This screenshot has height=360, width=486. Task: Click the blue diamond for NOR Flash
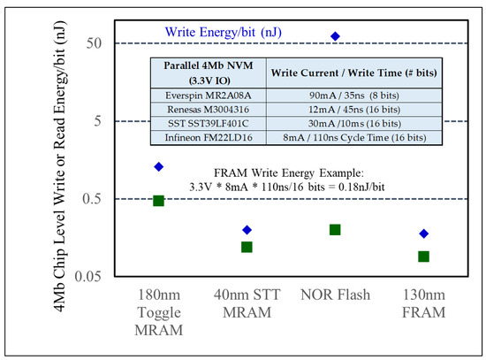pos(335,36)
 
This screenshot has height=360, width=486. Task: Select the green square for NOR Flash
pos(335,230)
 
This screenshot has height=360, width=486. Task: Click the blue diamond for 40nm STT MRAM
pos(247,230)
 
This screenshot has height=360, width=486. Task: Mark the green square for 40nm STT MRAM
pos(247,247)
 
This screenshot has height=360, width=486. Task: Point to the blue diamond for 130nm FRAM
pos(423,234)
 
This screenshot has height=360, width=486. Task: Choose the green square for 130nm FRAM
pos(423,257)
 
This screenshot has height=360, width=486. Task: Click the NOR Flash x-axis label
pos(335,295)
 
